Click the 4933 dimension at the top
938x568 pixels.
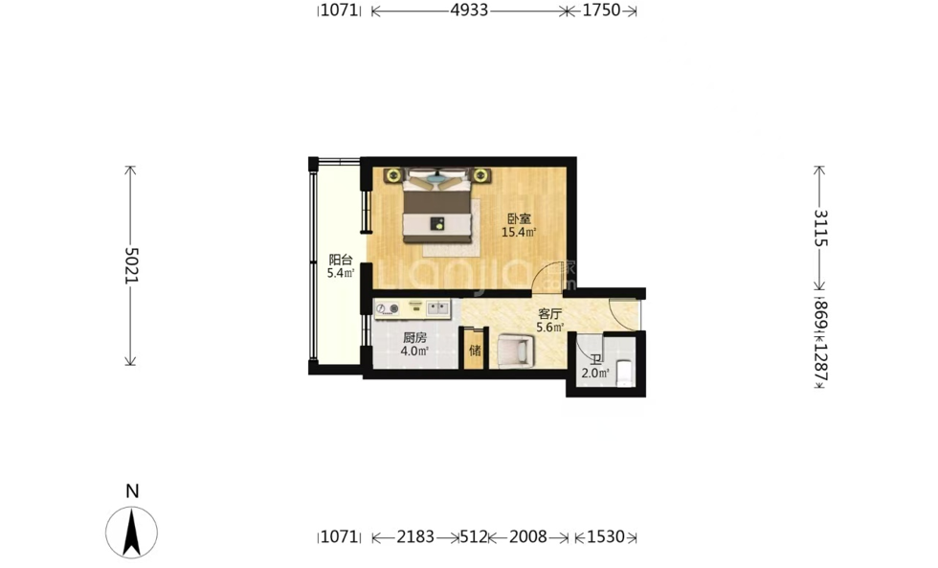point(469,11)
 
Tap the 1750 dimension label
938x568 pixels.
point(601,11)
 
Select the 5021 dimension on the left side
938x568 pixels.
point(131,265)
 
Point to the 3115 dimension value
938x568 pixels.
point(821,228)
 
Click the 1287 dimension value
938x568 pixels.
point(821,362)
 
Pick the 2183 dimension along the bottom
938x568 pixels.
point(415,537)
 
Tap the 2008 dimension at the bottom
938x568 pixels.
point(527,537)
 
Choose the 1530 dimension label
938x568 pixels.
point(605,537)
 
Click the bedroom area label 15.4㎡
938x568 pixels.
point(519,232)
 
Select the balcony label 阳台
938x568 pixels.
point(341,260)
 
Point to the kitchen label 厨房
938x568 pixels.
point(414,337)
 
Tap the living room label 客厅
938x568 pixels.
point(549,313)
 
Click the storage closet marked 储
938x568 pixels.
point(475,349)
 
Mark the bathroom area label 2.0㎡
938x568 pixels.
point(595,374)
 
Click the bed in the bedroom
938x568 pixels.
point(435,207)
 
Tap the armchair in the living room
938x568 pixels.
point(515,351)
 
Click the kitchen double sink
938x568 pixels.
point(438,308)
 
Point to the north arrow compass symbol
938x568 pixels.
point(132,532)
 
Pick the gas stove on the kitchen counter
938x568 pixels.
point(388,308)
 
